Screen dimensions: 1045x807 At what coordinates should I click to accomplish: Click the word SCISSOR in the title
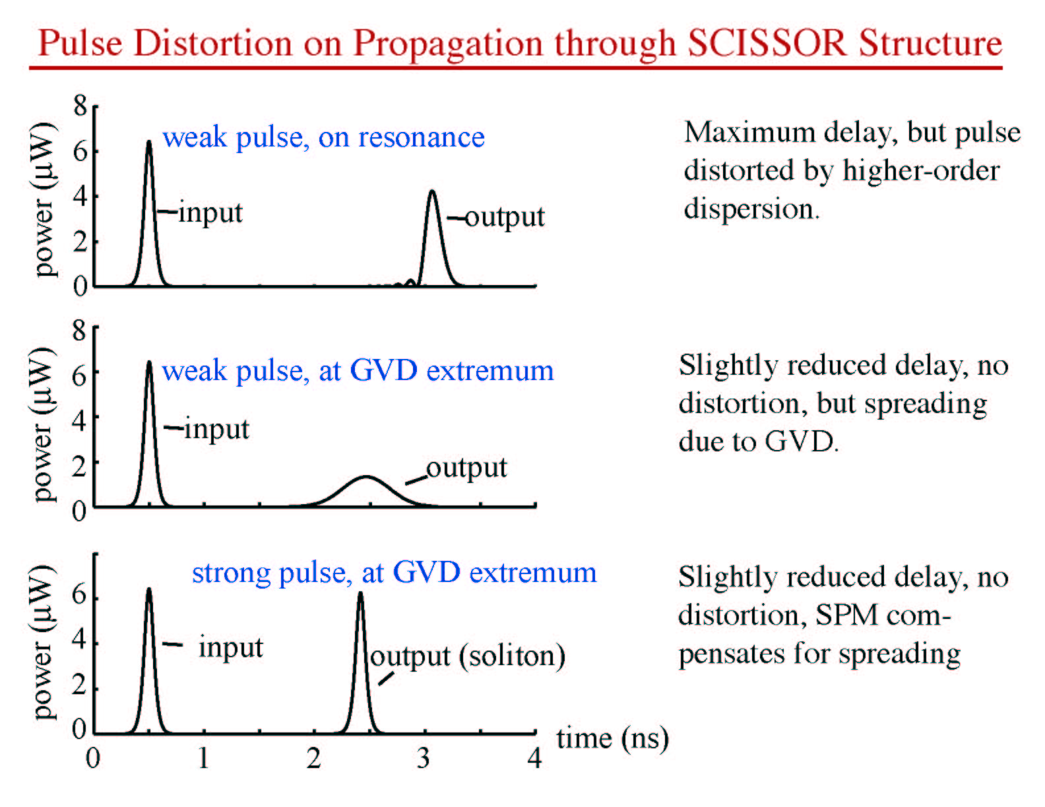(767, 44)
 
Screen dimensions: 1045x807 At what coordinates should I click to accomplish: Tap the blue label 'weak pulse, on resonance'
(324, 137)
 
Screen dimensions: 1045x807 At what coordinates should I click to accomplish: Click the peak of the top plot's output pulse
(432, 191)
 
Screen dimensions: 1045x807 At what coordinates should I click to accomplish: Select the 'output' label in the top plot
(505, 217)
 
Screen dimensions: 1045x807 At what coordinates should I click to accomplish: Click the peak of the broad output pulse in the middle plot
(367, 476)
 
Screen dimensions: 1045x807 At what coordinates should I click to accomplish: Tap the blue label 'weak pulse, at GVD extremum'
(358, 371)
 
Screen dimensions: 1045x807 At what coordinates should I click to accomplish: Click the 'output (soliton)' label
(468, 656)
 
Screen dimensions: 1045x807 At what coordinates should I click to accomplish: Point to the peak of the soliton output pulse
(360, 593)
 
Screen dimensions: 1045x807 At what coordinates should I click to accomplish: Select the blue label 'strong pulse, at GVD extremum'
(395, 573)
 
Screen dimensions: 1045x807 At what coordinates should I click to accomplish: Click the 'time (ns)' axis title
(613, 739)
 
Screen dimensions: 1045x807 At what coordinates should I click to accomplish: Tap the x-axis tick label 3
(423, 759)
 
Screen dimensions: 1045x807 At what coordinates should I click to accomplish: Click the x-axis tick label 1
(203, 759)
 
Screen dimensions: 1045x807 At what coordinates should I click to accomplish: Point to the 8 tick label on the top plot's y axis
(80, 106)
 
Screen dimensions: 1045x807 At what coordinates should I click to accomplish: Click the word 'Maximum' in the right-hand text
(749, 132)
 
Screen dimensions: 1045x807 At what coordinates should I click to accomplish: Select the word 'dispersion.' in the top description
(751, 209)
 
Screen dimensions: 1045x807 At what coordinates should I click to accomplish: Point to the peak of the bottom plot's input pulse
(149, 590)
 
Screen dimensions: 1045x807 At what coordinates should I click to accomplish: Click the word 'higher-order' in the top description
(922, 171)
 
